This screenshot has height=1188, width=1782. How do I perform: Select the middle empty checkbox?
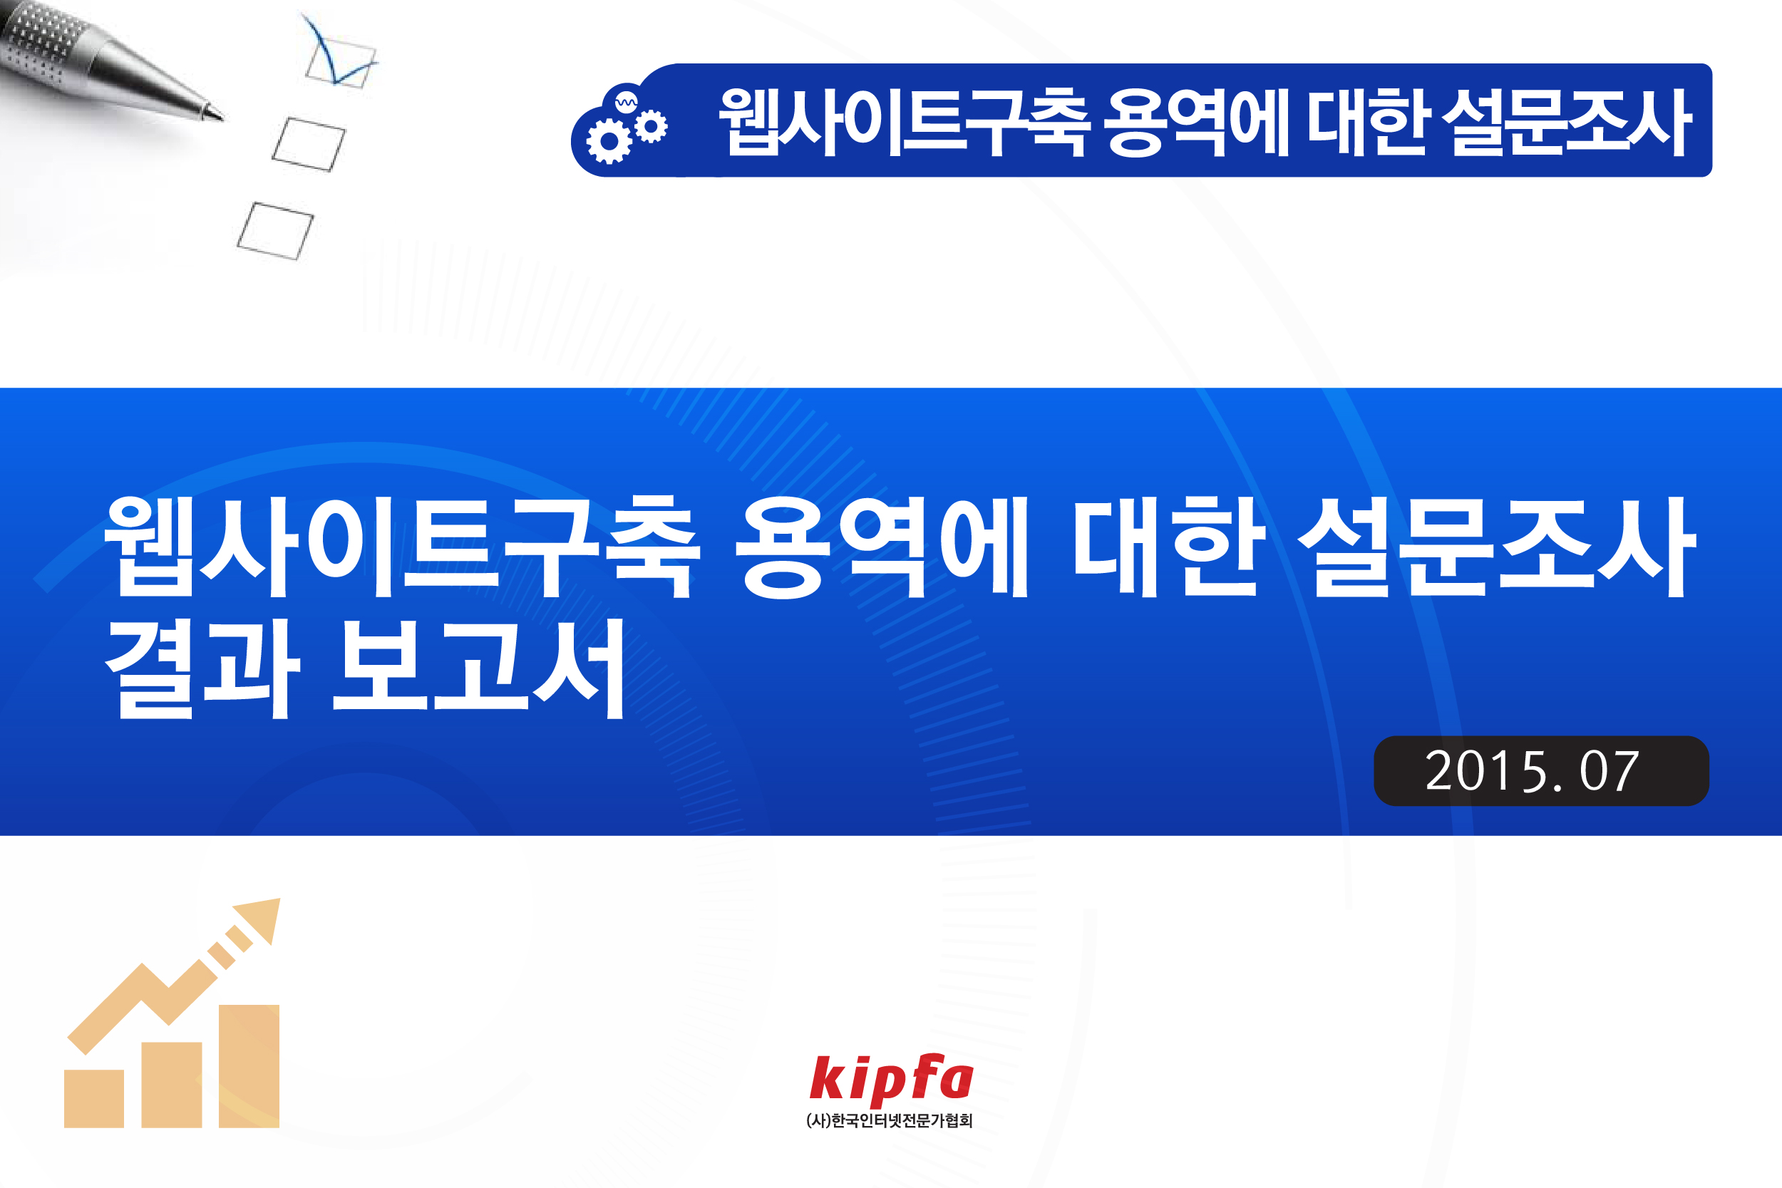coord(309,144)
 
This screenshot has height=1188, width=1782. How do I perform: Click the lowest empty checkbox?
coord(275,231)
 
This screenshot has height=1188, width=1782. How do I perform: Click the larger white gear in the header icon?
coord(609,140)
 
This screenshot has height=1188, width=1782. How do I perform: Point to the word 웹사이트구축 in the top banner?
coord(905,121)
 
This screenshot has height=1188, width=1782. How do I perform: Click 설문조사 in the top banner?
coord(1566,121)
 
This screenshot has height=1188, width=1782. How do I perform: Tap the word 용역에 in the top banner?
coord(1196,121)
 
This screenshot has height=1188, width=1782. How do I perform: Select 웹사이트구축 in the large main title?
coord(402,547)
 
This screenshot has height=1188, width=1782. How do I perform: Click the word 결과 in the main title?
coord(202,668)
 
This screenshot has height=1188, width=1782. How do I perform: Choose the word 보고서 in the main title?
coord(480,668)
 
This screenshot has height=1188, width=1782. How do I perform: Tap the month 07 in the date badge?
coord(1610,772)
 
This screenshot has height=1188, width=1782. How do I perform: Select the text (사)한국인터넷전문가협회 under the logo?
coord(890,1120)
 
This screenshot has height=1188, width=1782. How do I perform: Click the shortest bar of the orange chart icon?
coord(94,1099)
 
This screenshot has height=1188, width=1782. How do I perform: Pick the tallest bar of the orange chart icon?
coord(249,1066)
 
